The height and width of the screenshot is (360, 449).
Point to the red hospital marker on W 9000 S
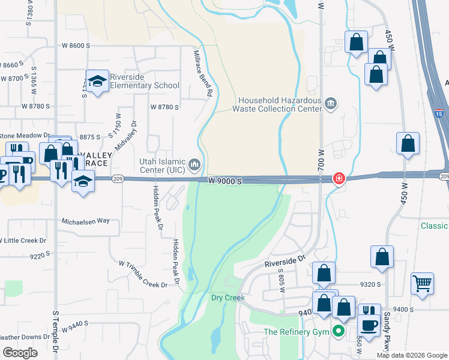coord(339,179)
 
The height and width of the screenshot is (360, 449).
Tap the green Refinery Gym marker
coord(339,331)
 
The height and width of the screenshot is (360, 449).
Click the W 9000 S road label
coord(226,181)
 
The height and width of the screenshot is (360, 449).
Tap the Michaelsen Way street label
coord(86,221)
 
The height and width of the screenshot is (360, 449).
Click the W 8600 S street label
coord(76,45)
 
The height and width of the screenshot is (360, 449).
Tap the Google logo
coord(20,353)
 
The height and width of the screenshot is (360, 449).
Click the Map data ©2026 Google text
coord(411,355)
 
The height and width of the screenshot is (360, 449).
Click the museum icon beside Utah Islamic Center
coord(194,164)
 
